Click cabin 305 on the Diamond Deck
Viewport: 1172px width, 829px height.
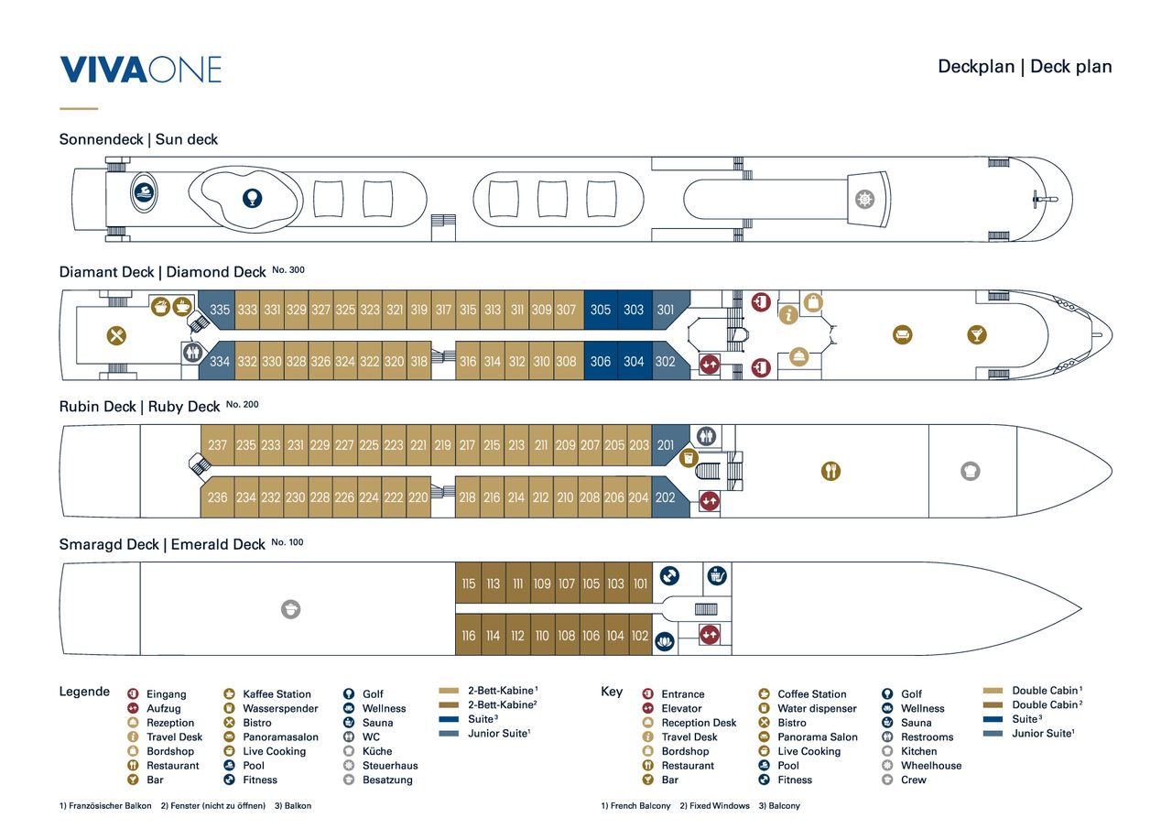pyautogui.click(x=601, y=310)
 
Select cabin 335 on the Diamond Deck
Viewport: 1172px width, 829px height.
pyautogui.click(x=218, y=310)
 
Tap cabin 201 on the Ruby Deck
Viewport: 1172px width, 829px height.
pyautogui.click(x=667, y=445)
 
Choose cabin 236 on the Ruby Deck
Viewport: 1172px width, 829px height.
pyautogui.click(x=218, y=497)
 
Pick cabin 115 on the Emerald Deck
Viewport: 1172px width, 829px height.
pyautogui.click(x=468, y=583)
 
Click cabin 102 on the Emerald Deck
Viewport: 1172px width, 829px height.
pyautogui.click(x=640, y=636)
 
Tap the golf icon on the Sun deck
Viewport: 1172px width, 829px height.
pyautogui.click(x=252, y=199)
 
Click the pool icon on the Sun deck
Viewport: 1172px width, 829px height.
pyautogui.click(x=144, y=192)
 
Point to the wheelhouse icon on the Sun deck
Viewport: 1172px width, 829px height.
pyautogui.click(x=864, y=200)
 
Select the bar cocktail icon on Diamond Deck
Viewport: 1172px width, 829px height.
pyautogui.click(x=977, y=334)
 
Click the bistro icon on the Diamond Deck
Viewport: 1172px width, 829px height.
pyautogui.click(x=116, y=335)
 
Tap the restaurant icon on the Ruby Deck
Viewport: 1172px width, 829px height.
pyautogui.click(x=830, y=471)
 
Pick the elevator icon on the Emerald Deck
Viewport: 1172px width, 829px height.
pyautogui.click(x=710, y=636)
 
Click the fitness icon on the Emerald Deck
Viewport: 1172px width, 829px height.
pyautogui.click(x=669, y=575)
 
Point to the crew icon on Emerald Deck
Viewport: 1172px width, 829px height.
pyautogui.click(x=291, y=609)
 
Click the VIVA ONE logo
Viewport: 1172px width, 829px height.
pyautogui.click(x=141, y=70)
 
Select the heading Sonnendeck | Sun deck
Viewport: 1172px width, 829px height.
pyautogui.click(x=138, y=139)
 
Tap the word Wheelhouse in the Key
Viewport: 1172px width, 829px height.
pyautogui.click(x=931, y=765)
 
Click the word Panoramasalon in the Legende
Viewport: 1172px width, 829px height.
pyautogui.click(x=280, y=736)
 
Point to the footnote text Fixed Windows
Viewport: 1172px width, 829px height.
pyautogui.click(x=720, y=805)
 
